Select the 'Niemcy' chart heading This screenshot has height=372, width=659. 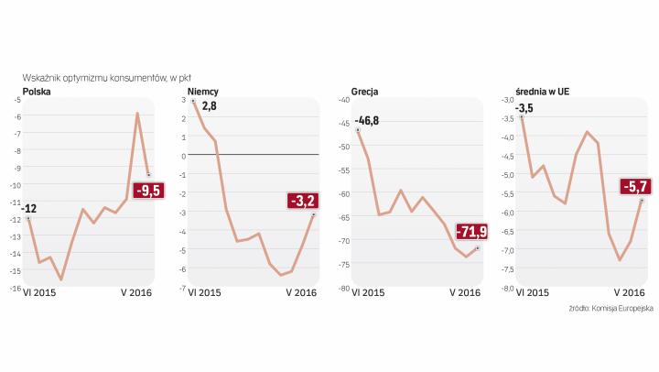203,91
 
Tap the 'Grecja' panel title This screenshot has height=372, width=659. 365,91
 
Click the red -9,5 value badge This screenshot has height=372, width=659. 147,191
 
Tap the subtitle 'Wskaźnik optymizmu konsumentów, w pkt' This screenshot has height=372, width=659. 107,78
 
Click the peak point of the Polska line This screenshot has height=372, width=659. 137,114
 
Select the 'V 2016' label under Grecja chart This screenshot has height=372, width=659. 464,293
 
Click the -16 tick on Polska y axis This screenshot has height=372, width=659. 16,288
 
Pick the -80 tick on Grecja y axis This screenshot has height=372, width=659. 345,288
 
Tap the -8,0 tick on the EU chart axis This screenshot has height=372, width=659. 505,288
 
